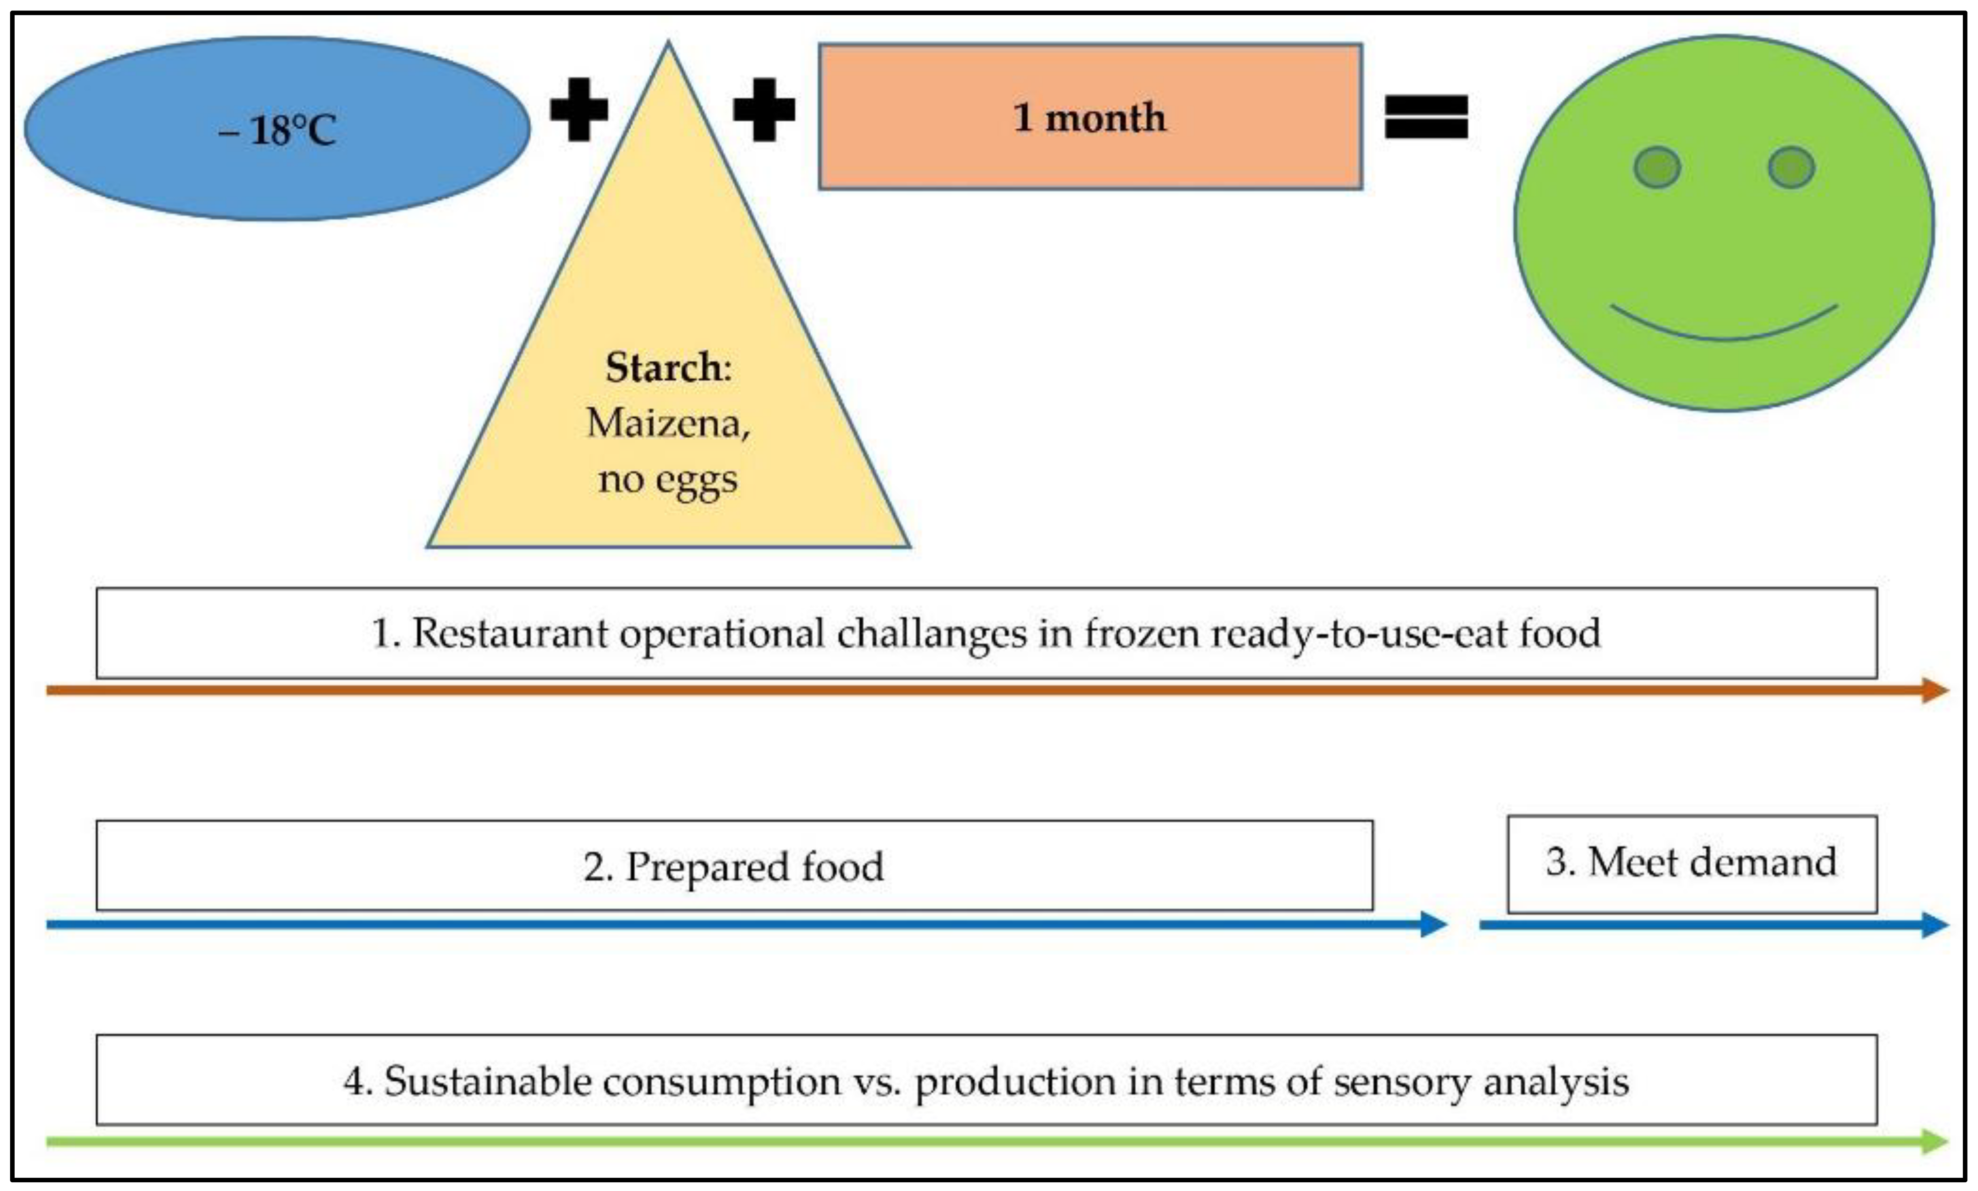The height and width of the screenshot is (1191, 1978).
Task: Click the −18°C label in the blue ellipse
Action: click(277, 130)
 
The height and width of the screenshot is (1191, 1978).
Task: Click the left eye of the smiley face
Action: click(1657, 168)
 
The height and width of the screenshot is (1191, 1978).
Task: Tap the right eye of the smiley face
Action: click(1791, 168)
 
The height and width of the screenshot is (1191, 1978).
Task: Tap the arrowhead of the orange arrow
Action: click(1935, 690)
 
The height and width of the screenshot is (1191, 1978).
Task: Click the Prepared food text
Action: click(734, 867)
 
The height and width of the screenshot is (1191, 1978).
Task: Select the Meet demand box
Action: click(1691, 864)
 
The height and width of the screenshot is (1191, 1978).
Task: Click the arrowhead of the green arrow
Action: click(1935, 1141)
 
